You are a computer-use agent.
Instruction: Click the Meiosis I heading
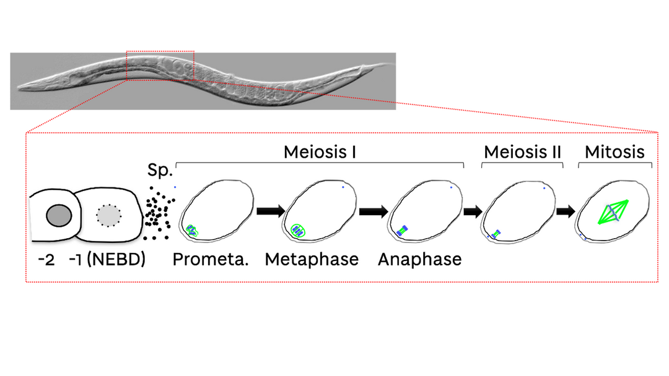click(x=320, y=152)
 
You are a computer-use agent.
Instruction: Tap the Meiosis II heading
click(x=522, y=152)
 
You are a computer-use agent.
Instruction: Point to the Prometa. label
click(x=211, y=259)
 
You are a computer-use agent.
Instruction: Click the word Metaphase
click(x=312, y=259)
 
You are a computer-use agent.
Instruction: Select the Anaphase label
click(x=419, y=259)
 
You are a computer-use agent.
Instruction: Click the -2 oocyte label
click(x=46, y=259)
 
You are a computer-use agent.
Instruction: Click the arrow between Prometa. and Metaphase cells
click(x=269, y=211)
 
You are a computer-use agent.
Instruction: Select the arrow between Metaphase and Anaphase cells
click(x=374, y=211)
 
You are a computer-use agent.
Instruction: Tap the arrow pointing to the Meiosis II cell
click(x=473, y=211)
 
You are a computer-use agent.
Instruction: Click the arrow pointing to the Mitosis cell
click(x=566, y=211)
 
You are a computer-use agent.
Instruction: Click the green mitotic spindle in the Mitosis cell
click(x=612, y=211)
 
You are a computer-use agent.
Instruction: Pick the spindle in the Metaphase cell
click(x=299, y=231)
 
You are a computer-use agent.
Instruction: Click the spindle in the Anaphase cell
click(x=402, y=231)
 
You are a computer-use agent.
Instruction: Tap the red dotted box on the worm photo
click(x=160, y=66)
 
